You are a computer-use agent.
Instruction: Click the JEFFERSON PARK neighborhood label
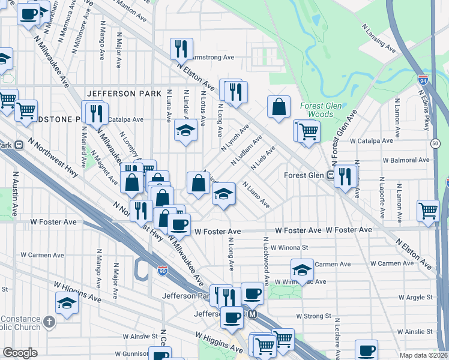tap(124, 94)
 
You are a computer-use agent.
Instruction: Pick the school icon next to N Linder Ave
tap(186, 130)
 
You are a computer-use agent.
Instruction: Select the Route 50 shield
tap(435, 143)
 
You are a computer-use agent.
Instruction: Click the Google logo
tap(20, 352)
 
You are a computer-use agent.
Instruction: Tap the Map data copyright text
tap(423, 355)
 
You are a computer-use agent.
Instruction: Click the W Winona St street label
tap(289, 247)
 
